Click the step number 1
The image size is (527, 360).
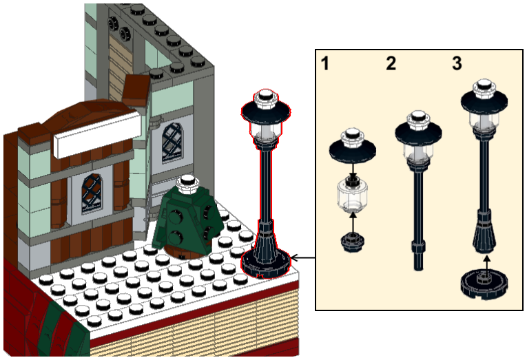[324, 63]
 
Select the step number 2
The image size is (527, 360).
[391, 63]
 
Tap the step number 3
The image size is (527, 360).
[457, 63]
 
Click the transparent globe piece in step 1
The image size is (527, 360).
[352, 194]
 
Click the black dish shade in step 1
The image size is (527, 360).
[352, 150]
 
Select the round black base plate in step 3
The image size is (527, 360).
[484, 284]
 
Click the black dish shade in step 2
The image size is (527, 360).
[418, 132]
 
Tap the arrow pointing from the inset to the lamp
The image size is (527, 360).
[302, 258]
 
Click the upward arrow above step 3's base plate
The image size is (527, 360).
[486, 264]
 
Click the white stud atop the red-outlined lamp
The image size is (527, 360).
[266, 98]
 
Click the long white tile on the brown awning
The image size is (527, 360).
[97, 134]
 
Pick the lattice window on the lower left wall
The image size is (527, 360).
[92, 194]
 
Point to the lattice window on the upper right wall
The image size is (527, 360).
[173, 142]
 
